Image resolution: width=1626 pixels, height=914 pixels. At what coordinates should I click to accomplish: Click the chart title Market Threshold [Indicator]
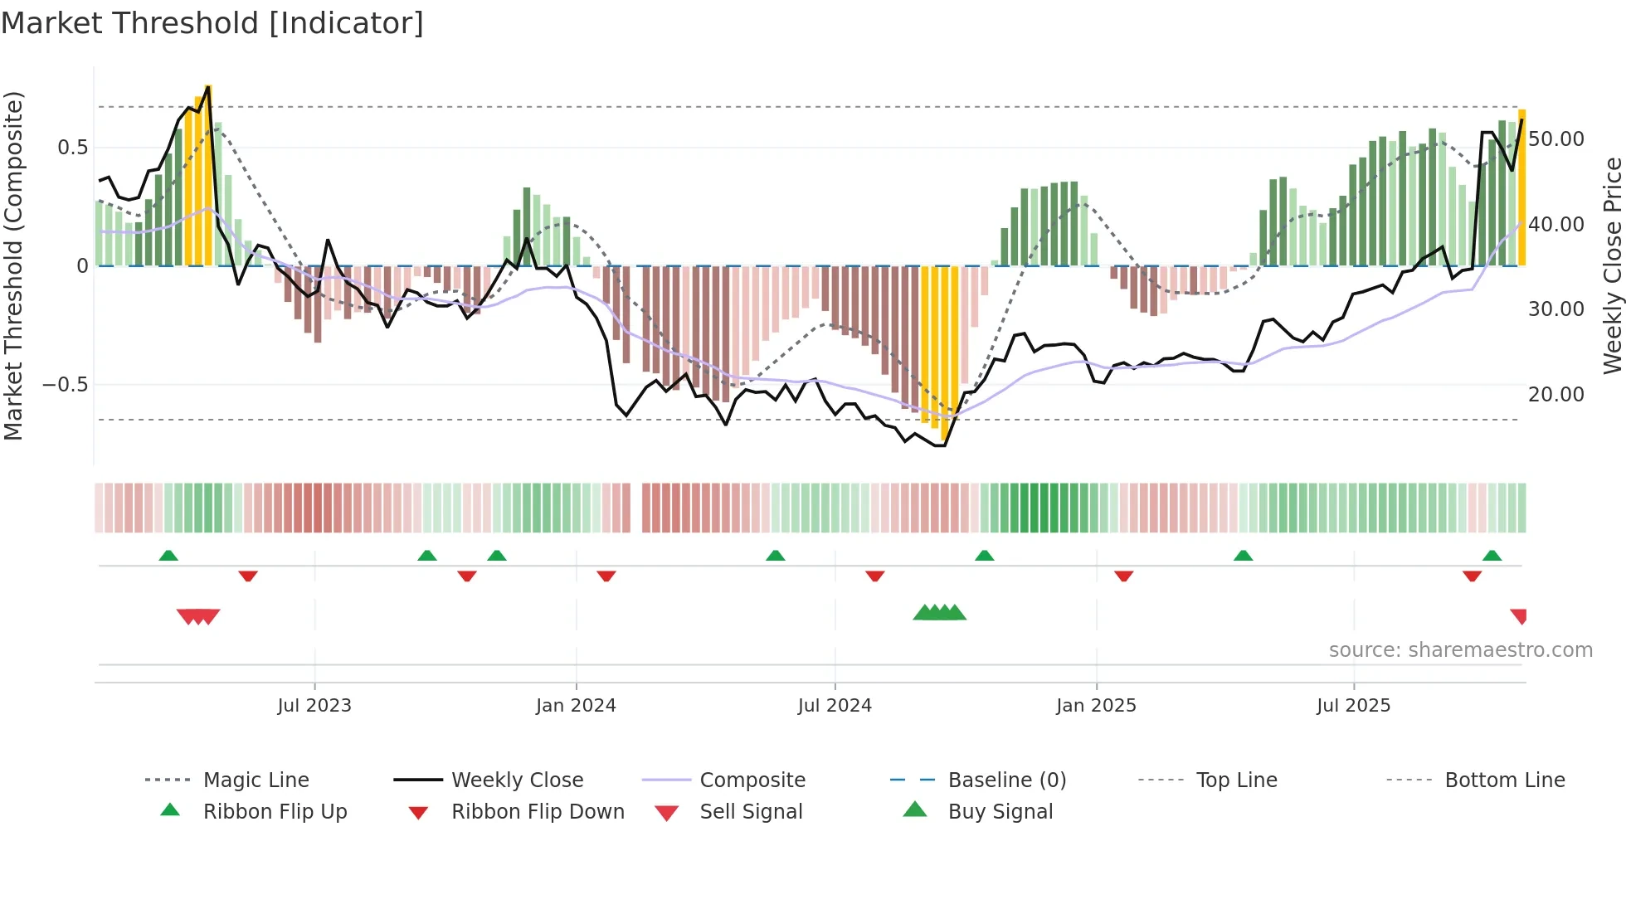tap(212, 23)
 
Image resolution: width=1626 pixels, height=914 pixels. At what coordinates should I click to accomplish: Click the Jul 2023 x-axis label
tap(314, 706)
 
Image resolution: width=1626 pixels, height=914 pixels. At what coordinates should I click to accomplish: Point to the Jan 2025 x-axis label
tap(1096, 706)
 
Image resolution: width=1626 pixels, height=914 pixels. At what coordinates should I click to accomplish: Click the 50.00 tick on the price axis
tap(1556, 139)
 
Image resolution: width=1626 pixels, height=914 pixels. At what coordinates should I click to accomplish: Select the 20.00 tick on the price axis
tap(1556, 395)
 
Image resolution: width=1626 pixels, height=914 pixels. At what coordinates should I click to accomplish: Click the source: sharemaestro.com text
tap(1460, 650)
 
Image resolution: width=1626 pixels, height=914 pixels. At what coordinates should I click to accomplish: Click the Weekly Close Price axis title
tap(1612, 265)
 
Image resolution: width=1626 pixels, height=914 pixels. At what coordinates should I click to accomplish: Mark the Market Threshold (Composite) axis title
tap(13, 265)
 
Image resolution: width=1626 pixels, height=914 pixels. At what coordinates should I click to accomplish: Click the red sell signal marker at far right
tap(1519, 616)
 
